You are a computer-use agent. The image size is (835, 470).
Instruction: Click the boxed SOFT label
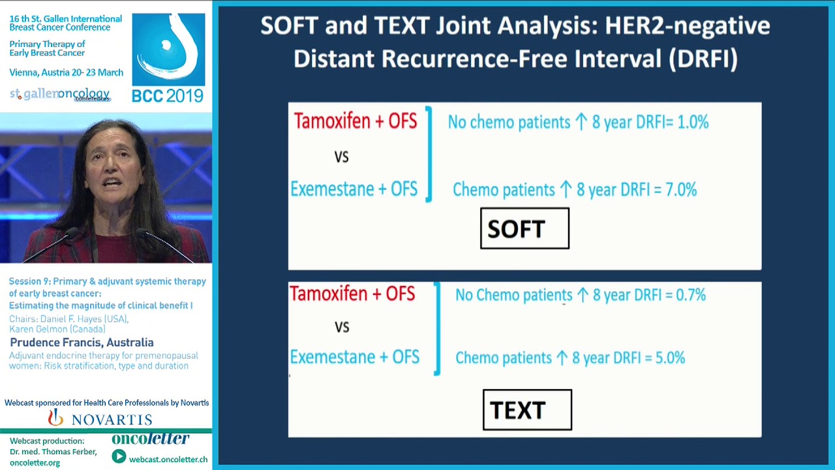pyautogui.click(x=525, y=228)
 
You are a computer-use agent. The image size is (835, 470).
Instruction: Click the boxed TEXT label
pyautogui.click(x=527, y=410)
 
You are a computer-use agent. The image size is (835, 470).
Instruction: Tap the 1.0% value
pyautogui.click(x=693, y=122)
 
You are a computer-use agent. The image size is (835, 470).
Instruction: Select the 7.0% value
pyautogui.click(x=681, y=189)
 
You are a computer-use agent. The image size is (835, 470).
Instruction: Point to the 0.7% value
pyautogui.click(x=691, y=295)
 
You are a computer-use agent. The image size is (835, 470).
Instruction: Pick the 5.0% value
pyautogui.click(x=670, y=358)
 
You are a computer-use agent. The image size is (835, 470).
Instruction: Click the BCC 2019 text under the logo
pyautogui.click(x=168, y=96)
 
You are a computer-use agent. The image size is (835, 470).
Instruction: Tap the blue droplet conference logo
pyautogui.click(x=168, y=49)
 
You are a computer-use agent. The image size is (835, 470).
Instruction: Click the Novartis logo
pyautogui.click(x=100, y=418)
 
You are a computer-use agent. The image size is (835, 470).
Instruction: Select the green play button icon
pyautogui.click(x=119, y=456)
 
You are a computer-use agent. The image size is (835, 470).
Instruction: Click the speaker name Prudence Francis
pyautogui.click(x=82, y=343)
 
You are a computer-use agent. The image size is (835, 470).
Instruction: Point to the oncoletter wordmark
pyautogui.click(x=150, y=439)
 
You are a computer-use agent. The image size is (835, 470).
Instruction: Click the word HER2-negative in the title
pyautogui.click(x=687, y=25)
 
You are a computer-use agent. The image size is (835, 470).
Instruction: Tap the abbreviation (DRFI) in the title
pyautogui.click(x=703, y=59)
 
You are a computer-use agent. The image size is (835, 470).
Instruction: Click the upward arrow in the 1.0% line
pyautogui.click(x=581, y=121)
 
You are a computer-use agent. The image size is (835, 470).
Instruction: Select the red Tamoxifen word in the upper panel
pyautogui.click(x=331, y=121)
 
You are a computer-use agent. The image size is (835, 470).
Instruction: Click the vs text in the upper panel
pyautogui.click(x=341, y=157)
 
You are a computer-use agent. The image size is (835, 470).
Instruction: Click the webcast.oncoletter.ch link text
pyautogui.click(x=168, y=459)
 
